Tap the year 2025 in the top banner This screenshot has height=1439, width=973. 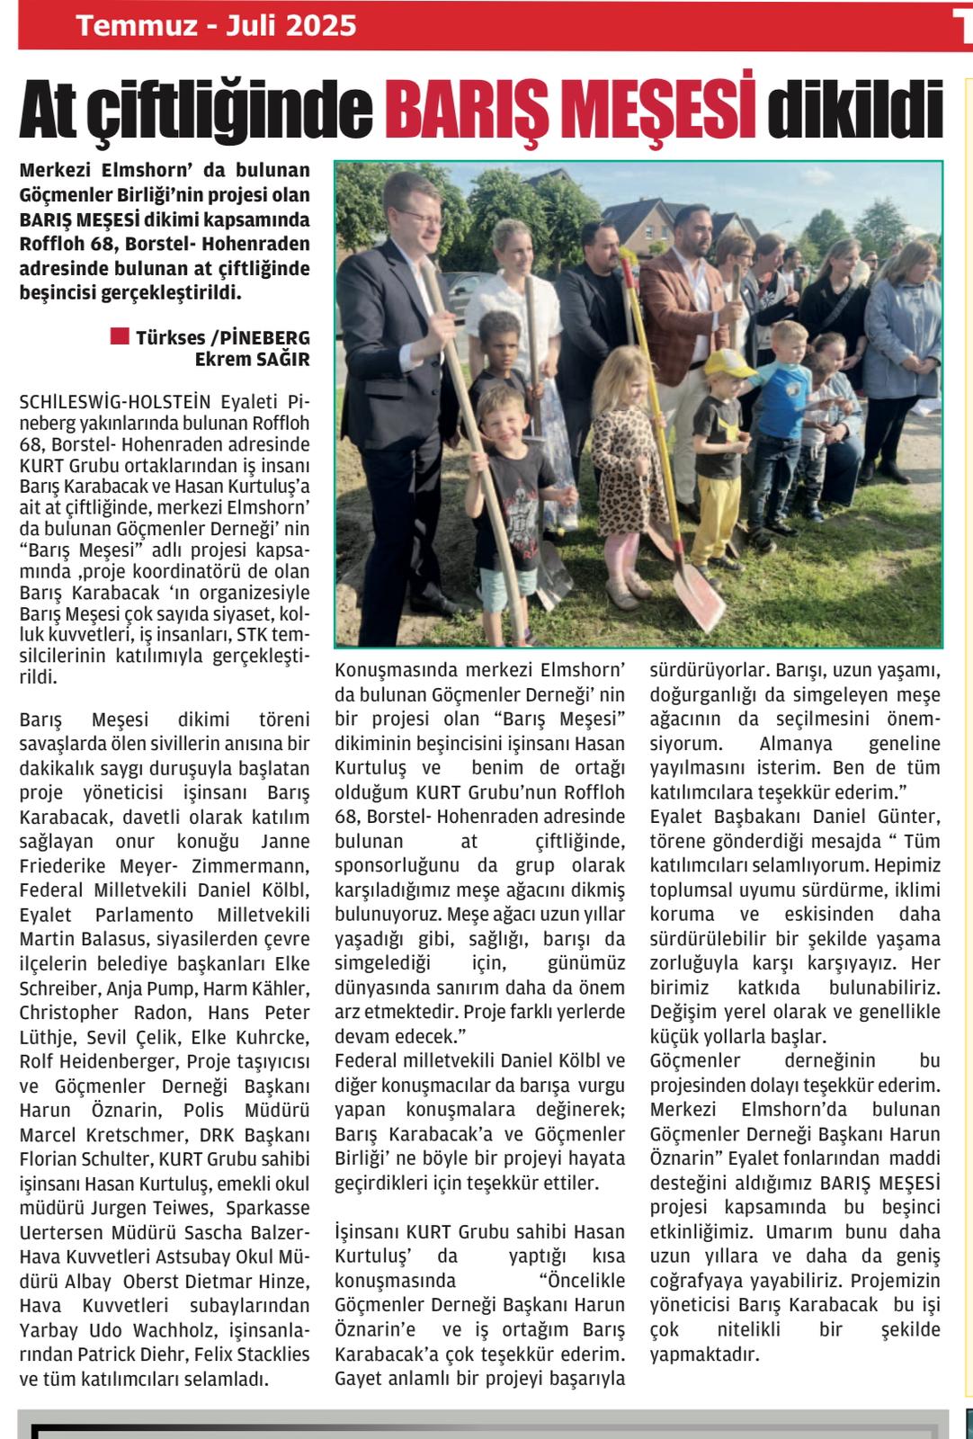point(320,25)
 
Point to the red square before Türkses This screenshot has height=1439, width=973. point(119,336)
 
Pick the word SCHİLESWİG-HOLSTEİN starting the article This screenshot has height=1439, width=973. point(114,400)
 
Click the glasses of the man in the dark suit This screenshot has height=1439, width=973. point(416,217)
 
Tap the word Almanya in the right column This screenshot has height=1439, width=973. point(796,745)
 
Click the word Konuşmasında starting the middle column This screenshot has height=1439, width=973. point(393,670)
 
